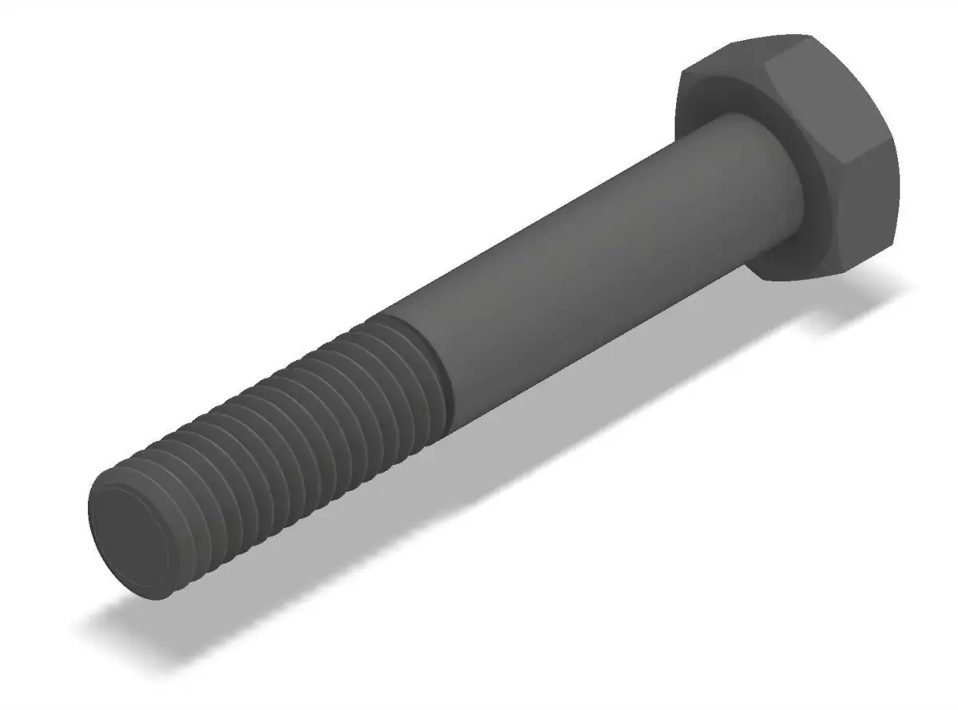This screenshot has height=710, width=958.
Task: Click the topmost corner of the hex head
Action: tap(806, 36)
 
